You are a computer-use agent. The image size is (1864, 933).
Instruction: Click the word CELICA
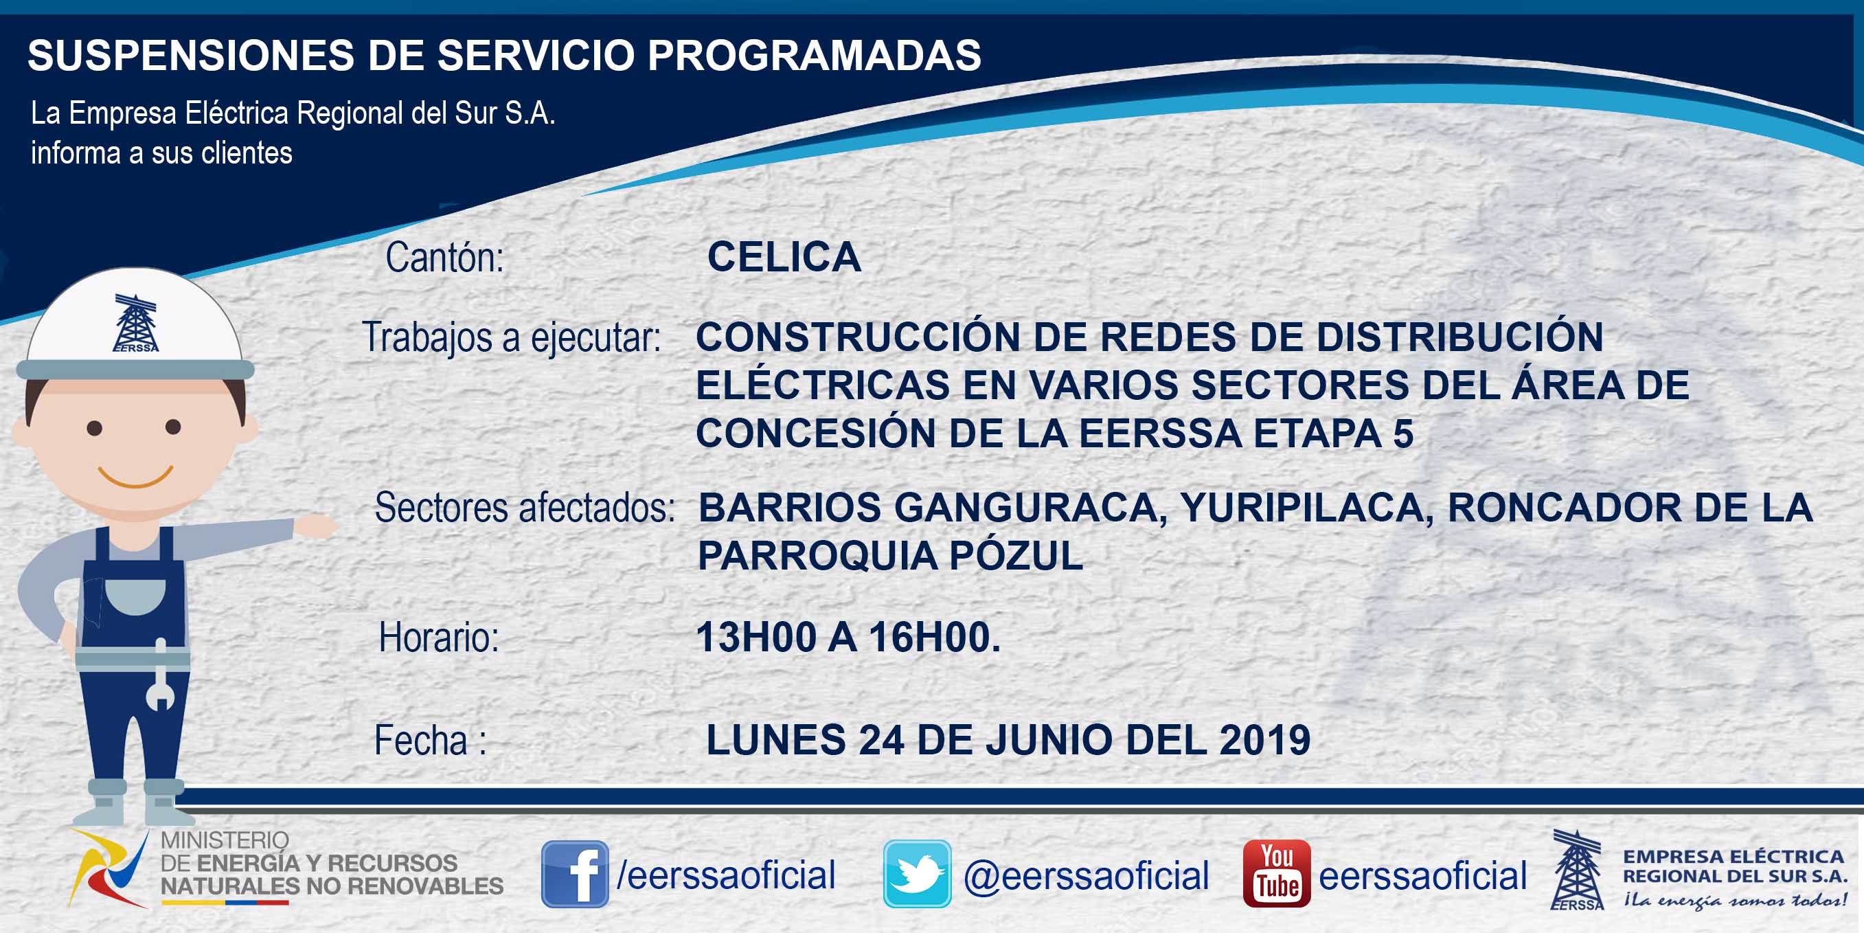pyautogui.click(x=784, y=257)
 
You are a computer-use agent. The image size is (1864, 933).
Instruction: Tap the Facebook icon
pyautogui.click(x=575, y=874)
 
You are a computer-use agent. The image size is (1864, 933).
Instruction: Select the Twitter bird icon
pyautogui.click(x=917, y=874)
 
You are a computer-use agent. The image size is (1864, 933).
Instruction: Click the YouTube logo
pyautogui.click(x=1276, y=874)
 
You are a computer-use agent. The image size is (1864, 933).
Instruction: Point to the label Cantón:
pyautogui.click(x=444, y=258)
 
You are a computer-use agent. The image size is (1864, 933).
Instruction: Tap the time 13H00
pyautogui.click(x=756, y=638)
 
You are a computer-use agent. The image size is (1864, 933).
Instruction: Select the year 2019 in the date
pyautogui.click(x=1265, y=740)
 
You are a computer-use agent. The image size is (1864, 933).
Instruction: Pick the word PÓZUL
pyautogui.click(x=1016, y=555)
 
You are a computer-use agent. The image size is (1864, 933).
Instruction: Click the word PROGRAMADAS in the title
pyautogui.click(x=815, y=55)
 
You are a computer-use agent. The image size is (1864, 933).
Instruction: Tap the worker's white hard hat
pyautogui.click(x=135, y=326)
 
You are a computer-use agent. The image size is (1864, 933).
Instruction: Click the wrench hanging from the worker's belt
pyautogui.click(x=161, y=676)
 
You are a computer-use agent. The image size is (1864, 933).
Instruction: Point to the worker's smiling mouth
pyautogui.click(x=135, y=476)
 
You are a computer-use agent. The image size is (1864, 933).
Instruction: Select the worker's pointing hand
pyautogui.click(x=315, y=526)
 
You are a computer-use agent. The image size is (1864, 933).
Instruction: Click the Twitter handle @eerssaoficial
pyautogui.click(x=1086, y=876)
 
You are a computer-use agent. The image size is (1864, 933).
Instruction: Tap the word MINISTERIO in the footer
pyautogui.click(x=225, y=840)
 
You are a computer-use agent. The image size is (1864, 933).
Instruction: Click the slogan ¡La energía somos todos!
pyautogui.click(x=1735, y=901)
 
